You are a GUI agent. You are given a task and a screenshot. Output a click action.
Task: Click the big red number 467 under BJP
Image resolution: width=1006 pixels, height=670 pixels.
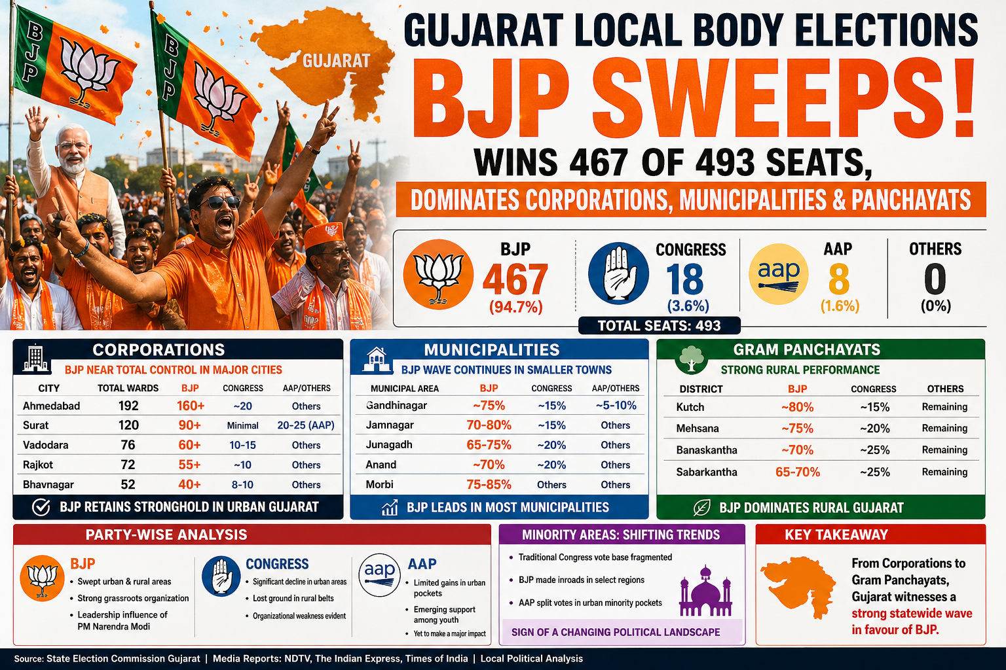(x=515, y=279)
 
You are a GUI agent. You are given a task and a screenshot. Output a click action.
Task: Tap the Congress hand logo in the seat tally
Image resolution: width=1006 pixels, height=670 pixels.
(x=618, y=273)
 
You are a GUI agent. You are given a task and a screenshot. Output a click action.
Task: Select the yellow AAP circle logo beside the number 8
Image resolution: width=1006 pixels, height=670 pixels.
(x=779, y=273)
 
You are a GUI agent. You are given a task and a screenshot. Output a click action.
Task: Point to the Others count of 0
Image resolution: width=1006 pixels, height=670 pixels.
(x=935, y=279)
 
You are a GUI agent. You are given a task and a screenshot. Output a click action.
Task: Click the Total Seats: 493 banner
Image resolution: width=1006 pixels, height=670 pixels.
(x=659, y=325)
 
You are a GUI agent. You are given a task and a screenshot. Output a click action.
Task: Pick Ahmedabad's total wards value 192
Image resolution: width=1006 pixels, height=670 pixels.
(x=128, y=406)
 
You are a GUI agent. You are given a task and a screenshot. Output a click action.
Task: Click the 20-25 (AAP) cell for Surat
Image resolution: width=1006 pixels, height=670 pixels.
(x=306, y=425)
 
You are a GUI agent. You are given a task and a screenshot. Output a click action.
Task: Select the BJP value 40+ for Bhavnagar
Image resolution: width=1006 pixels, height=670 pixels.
(x=190, y=485)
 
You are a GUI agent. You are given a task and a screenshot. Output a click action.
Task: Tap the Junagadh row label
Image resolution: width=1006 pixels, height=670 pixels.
(x=389, y=445)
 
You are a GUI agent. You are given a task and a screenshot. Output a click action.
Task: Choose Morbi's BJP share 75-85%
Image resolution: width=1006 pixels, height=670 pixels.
(x=489, y=485)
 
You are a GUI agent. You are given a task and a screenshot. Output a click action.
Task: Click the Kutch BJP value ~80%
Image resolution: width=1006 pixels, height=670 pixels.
(x=797, y=407)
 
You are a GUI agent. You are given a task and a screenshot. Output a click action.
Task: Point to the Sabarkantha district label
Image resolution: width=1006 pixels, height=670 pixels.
(x=707, y=472)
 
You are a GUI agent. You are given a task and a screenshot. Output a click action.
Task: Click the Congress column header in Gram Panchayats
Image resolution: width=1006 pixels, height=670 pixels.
(x=873, y=389)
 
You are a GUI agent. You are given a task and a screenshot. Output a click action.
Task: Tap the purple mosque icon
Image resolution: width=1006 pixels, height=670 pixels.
(x=704, y=591)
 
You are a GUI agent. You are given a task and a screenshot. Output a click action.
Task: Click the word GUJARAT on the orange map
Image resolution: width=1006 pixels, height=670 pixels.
(x=336, y=61)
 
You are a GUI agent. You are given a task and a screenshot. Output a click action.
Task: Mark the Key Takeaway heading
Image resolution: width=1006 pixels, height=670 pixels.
(x=836, y=535)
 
